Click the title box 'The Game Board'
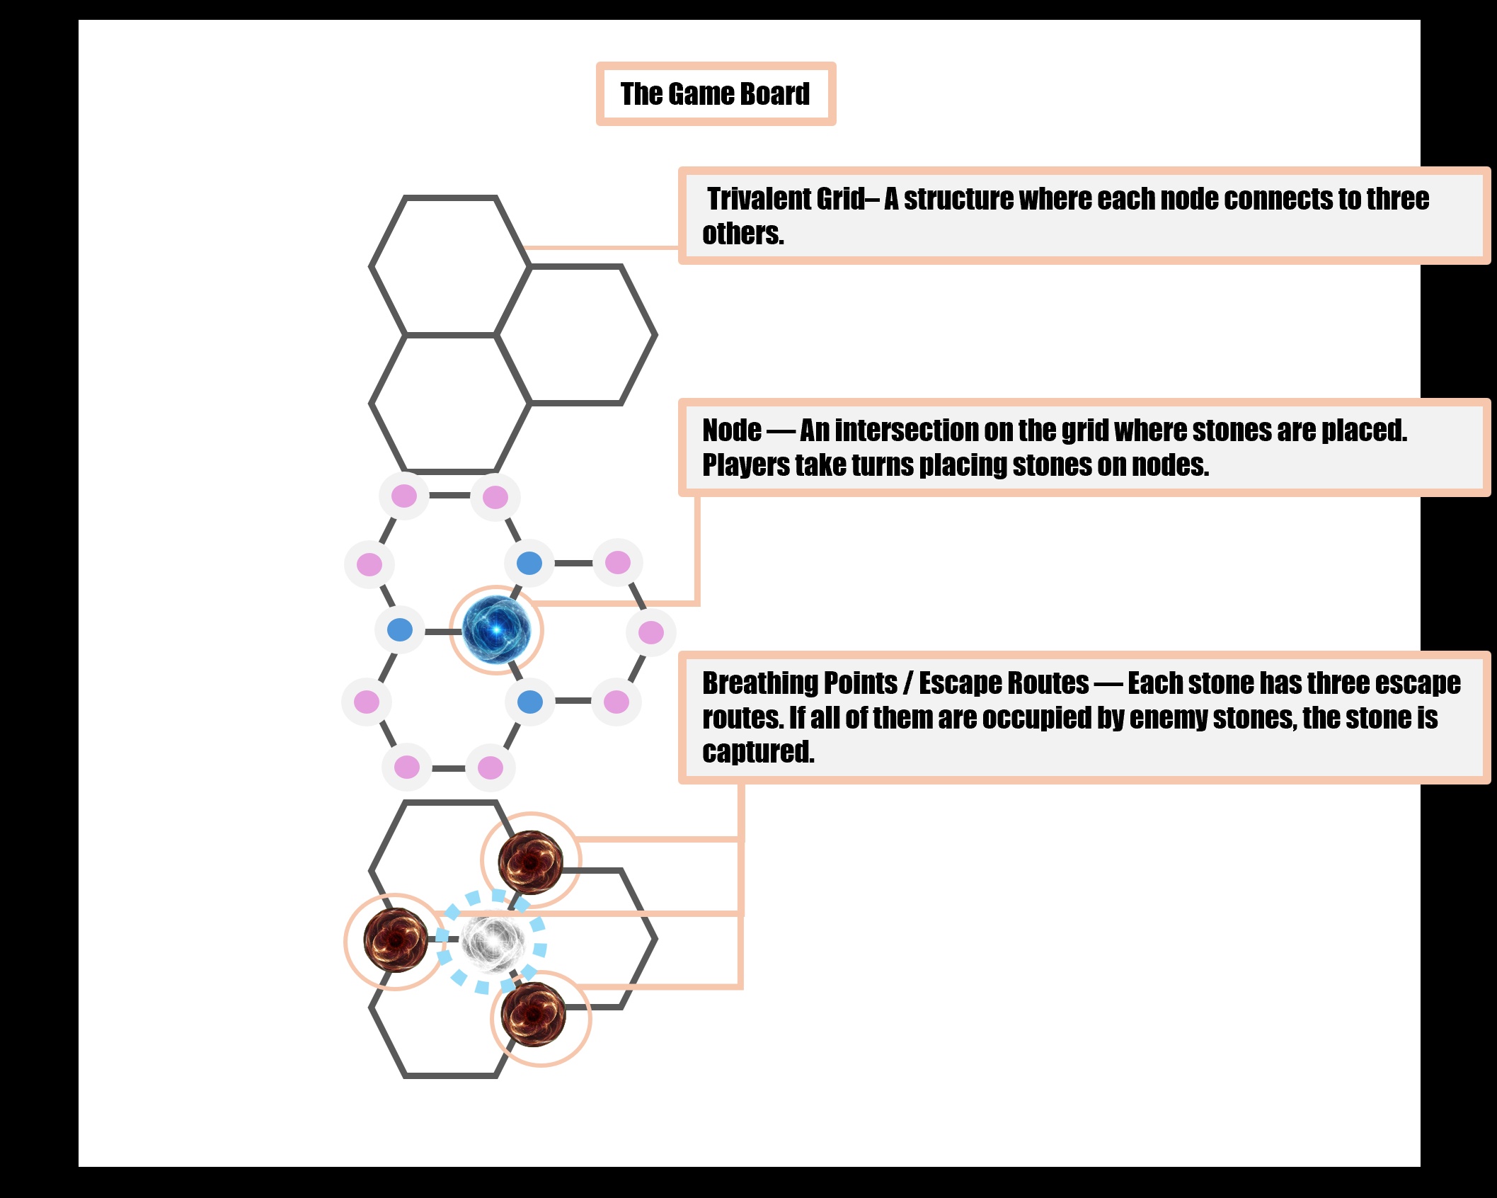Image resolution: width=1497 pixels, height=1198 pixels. click(716, 94)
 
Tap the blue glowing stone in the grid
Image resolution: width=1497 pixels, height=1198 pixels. click(496, 629)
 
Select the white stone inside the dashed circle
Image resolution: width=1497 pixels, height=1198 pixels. click(493, 942)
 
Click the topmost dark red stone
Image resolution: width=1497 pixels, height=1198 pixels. click(530, 862)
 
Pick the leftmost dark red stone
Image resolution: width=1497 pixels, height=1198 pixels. click(396, 940)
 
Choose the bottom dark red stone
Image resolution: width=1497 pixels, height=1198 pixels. click(533, 1014)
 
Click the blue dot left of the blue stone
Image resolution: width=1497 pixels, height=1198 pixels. click(400, 629)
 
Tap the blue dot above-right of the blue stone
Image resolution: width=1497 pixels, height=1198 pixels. click(529, 564)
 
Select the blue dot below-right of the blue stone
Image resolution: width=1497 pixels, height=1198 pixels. click(530, 702)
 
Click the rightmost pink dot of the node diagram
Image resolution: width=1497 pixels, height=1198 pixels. click(651, 632)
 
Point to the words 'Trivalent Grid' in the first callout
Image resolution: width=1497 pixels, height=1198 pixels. click(786, 200)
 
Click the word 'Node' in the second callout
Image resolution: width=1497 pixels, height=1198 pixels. click(731, 430)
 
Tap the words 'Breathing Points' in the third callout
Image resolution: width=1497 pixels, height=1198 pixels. click(799, 683)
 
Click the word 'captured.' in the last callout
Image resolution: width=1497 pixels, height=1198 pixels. click(758, 752)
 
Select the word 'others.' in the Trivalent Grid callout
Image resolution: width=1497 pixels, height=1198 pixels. click(742, 234)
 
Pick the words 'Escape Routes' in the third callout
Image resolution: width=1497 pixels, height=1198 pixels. click(1004, 683)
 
